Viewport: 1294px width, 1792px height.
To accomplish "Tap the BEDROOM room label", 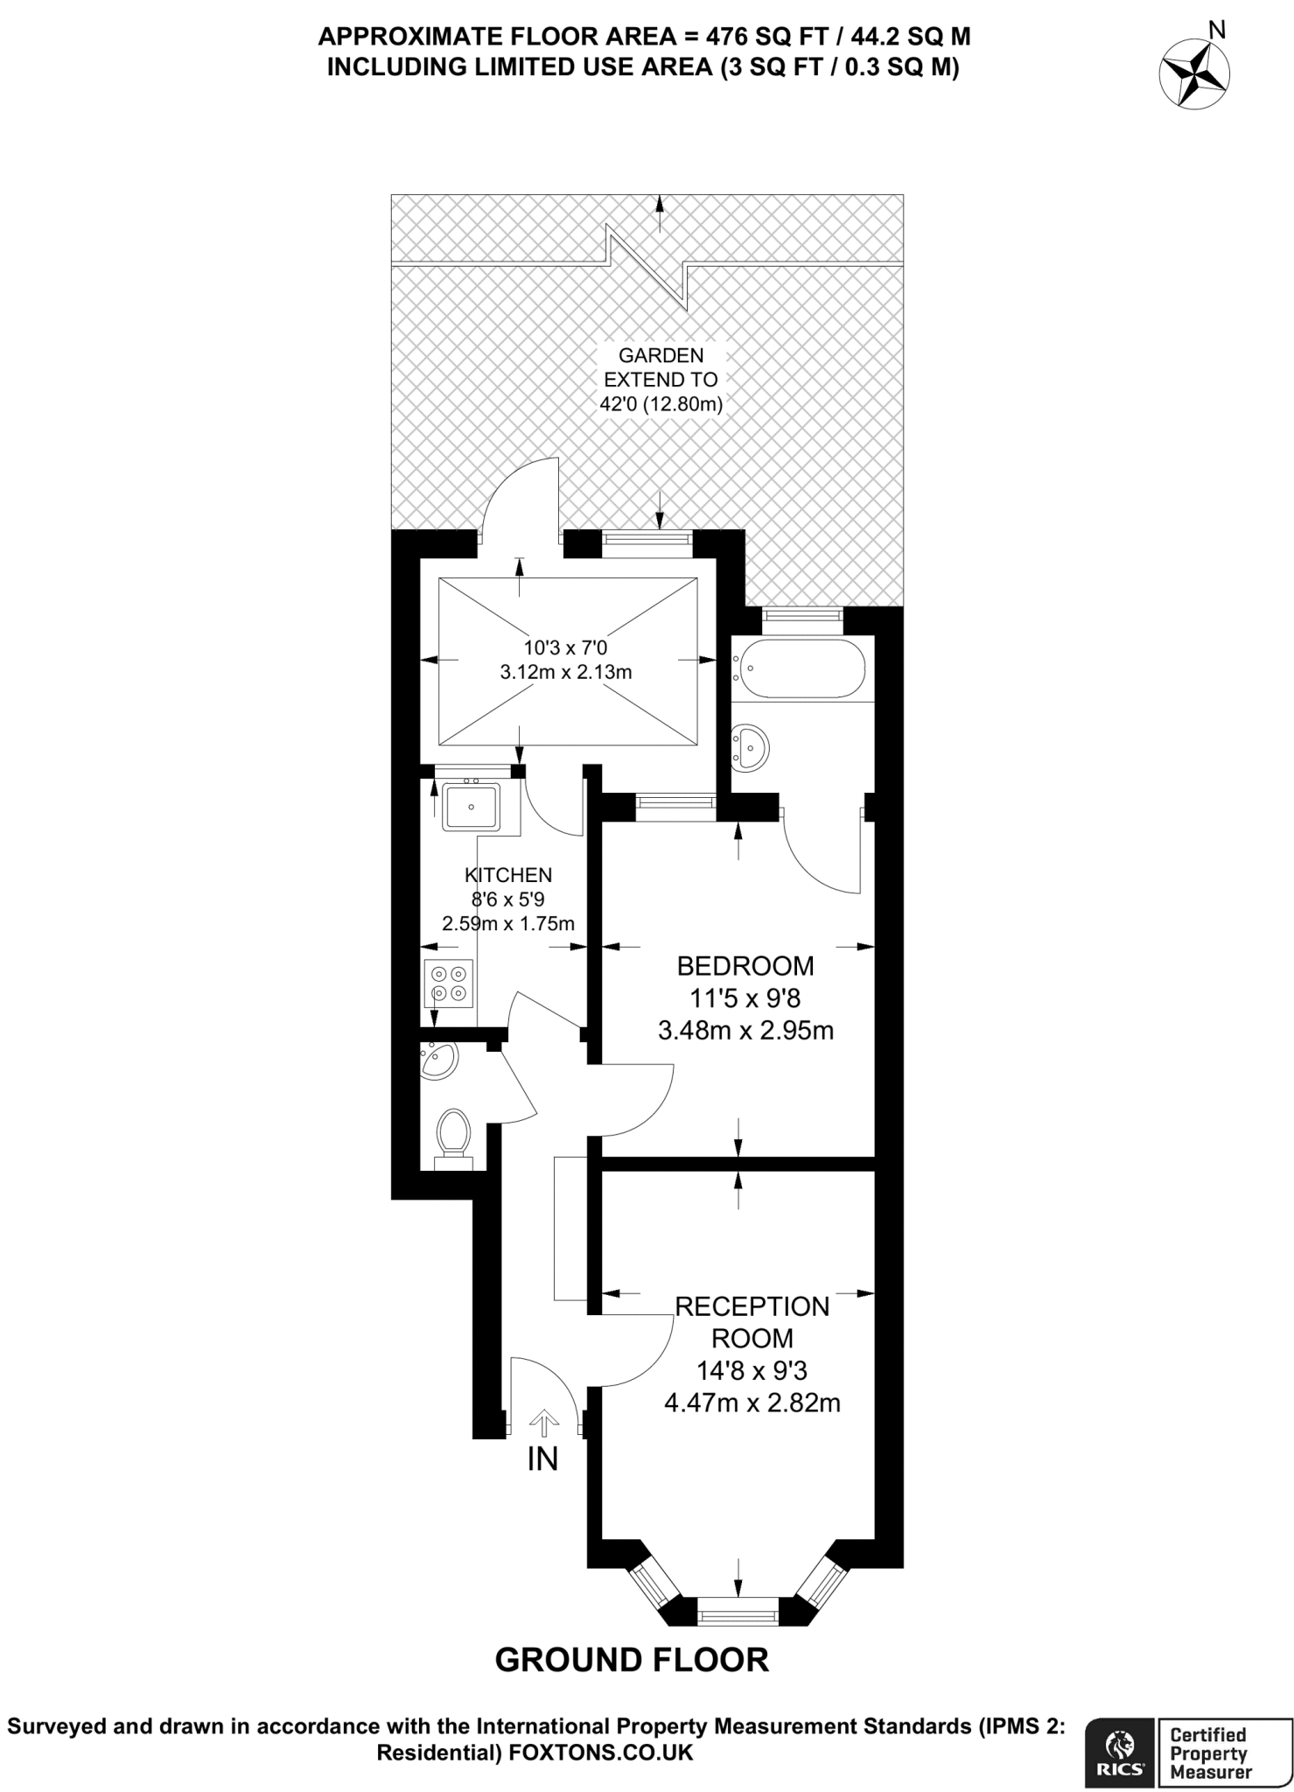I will pyautogui.click(x=745, y=966).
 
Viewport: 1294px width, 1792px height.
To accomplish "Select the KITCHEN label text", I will pyautogui.click(x=507, y=874).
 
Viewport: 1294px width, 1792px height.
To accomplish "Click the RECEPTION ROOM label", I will pyautogui.click(x=752, y=1322).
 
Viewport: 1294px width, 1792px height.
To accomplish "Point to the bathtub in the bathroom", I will pyautogui.click(x=799, y=668).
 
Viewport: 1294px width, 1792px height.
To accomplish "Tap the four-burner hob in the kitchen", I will pyautogui.click(x=449, y=983).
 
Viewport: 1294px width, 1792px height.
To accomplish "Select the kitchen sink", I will pyautogui.click(x=471, y=806).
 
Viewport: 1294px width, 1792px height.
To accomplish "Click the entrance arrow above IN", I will pyautogui.click(x=543, y=1424).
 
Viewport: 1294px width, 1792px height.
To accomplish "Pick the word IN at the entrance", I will pyautogui.click(x=542, y=1459).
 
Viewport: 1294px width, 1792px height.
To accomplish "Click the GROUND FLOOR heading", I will pyautogui.click(x=632, y=1660).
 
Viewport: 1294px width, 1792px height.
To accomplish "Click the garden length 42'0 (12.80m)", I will pyautogui.click(x=660, y=405).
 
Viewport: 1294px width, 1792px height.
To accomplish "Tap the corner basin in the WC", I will pyautogui.click(x=437, y=1061).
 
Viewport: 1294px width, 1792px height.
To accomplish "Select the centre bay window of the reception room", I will pyautogui.click(x=738, y=1611).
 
